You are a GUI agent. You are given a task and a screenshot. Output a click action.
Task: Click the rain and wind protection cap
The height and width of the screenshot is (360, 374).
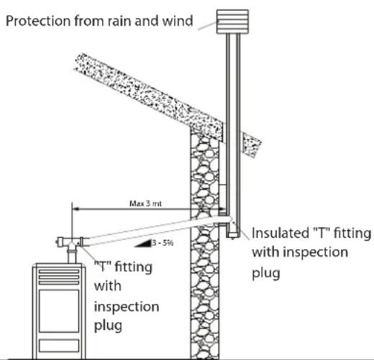click(x=232, y=22)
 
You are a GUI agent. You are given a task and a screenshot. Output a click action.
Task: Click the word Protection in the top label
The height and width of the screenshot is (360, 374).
click(x=38, y=21)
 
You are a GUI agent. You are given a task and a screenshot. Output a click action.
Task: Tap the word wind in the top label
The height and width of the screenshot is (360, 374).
click(x=178, y=21)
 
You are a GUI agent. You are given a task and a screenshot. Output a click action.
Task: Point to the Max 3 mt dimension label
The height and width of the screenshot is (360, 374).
click(x=145, y=203)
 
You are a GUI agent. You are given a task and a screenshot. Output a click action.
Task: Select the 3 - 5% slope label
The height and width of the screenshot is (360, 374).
click(x=163, y=243)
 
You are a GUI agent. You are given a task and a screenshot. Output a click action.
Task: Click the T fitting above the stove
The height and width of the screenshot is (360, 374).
click(x=70, y=242)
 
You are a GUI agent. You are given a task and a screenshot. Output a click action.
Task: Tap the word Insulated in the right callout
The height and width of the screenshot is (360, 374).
click(x=280, y=233)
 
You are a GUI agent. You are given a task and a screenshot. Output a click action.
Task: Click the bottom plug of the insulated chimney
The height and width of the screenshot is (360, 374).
click(x=232, y=235)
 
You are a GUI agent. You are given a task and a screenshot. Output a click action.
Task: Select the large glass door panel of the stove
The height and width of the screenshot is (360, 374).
click(x=59, y=311)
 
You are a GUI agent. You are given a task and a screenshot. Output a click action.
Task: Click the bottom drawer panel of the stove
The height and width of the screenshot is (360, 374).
click(x=59, y=346)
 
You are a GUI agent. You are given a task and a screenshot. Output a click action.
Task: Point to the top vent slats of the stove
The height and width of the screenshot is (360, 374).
click(x=59, y=277)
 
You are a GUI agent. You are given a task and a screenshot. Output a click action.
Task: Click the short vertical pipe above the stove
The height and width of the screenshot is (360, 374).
click(x=71, y=256)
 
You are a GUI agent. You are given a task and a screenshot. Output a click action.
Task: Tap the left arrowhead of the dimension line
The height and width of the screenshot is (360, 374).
click(x=76, y=209)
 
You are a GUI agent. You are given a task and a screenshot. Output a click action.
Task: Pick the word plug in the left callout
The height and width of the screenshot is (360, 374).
click(x=108, y=326)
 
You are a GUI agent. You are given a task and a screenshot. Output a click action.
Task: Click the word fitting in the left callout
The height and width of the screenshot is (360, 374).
click(x=134, y=267)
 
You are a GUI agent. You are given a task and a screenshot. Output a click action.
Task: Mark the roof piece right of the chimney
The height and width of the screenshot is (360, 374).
click(x=252, y=144)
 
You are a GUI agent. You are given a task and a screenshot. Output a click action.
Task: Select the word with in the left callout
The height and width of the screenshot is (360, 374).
click(x=108, y=286)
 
